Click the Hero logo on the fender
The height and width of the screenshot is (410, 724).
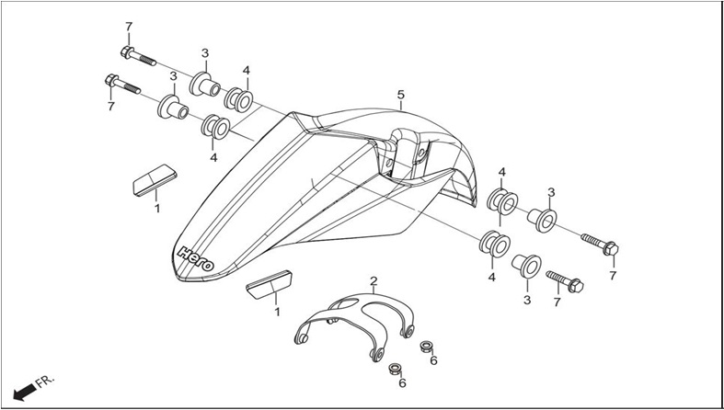[x=196, y=258]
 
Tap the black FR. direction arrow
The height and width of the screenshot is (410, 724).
[x=25, y=392]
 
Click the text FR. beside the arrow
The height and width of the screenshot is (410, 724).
[x=45, y=382]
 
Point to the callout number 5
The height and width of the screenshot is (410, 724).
[x=401, y=95]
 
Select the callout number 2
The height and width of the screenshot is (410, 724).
[x=373, y=280]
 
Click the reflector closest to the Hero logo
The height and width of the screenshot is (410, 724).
[x=270, y=285]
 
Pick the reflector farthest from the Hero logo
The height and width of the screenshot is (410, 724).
[x=155, y=180]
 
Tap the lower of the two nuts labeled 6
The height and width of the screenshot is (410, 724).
[x=395, y=369]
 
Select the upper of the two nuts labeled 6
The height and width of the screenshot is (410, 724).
[x=426, y=347]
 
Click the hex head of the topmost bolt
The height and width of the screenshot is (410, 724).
[x=127, y=52]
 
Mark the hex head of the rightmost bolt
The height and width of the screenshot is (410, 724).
[x=611, y=248]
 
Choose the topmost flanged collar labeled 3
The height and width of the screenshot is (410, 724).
[x=204, y=85]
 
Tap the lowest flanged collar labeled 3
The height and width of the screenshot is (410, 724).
[x=526, y=266]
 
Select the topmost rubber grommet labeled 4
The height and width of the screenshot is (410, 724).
[x=238, y=100]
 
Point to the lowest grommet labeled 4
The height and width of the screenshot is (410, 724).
[x=495, y=245]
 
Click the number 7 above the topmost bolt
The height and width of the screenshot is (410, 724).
[x=129, y=27]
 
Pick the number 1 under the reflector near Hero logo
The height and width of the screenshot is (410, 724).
[x=277, y=313]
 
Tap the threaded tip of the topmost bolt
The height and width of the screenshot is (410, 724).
[x=148, y=61]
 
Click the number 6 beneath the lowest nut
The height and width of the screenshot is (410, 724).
[x=402, y=382]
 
